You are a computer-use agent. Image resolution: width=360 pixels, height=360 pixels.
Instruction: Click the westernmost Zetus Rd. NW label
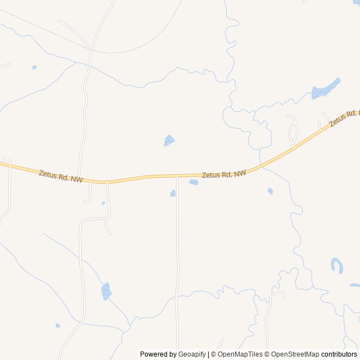click(x=61, y=177)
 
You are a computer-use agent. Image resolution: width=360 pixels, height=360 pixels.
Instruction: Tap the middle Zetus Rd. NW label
click(x=224, y=174)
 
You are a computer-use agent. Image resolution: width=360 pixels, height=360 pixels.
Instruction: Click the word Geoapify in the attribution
click(x=192, y=354)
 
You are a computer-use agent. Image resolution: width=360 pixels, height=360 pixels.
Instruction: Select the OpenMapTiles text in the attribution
click(x=240, y=354)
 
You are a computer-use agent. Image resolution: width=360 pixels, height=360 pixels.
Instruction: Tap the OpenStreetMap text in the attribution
click(x=295, y=354)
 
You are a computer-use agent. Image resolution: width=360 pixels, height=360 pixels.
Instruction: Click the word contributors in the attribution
click(x=340, y=354)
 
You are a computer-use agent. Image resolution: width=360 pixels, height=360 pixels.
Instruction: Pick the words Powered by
click(x=158, y=354)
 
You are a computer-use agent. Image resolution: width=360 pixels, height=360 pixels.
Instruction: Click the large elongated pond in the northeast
click(x=326, y=89)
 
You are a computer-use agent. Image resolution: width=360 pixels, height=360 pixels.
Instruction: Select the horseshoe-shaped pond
click(x=337, y=265)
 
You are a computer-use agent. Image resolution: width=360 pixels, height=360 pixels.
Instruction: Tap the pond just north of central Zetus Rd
click(x=169, y=140)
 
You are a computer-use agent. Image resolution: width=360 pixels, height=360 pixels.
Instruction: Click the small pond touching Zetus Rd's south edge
click(x=194, y=182)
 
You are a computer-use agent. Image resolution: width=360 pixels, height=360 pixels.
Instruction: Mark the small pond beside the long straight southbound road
click(x=173, y=193)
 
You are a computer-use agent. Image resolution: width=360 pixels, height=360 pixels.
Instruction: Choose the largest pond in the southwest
click(x=106, y=291)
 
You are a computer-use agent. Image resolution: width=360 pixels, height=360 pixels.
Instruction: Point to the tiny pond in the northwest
click(x=34, y=67)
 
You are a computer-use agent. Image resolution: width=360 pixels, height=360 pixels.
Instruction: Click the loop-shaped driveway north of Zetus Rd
click(x=293, y=131)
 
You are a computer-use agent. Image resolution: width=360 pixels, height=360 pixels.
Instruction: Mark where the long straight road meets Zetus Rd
click(x=177, y=177)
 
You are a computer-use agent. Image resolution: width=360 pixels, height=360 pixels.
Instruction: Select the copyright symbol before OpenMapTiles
click(x=213, y=354)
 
